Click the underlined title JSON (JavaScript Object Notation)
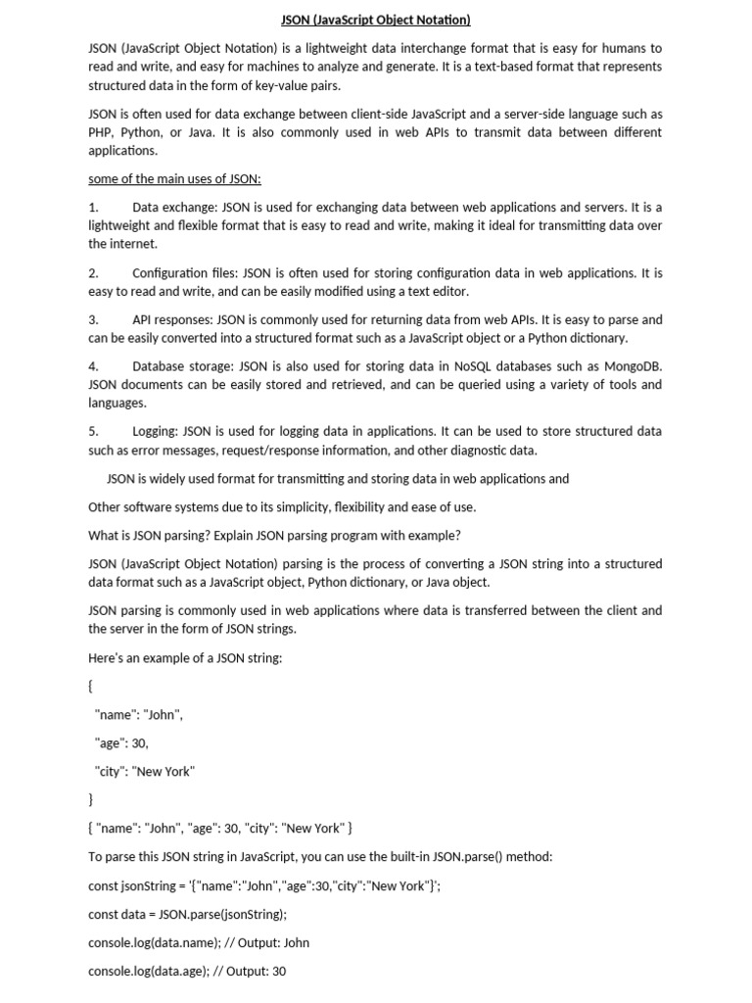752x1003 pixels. click(376, 20)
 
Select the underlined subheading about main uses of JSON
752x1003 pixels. click(174, 179)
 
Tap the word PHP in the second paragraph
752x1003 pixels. click(101, 132)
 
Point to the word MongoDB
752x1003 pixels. click(630, 366)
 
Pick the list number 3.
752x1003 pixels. click(93, 319)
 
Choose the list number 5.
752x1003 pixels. click(93, 431)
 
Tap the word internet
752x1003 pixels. click(132, 244)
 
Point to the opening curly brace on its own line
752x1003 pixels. click(91, 687)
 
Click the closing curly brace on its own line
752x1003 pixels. click(91, 799)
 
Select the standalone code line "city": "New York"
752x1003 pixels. click(144, 771)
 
